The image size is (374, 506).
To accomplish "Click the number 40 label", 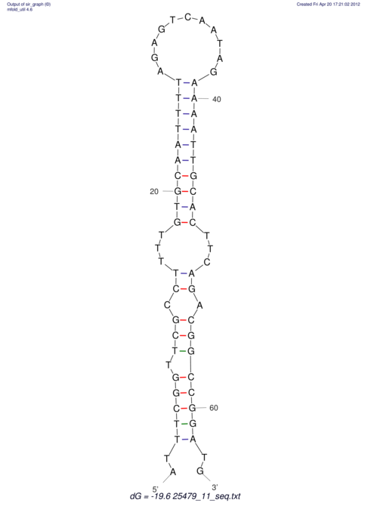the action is pos(217,100).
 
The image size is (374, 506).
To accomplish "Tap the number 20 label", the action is pos(154,192).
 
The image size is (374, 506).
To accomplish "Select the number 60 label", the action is pos(214,408).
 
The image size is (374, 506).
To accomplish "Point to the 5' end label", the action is pos(156,489).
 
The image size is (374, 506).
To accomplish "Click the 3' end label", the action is pos(215,487).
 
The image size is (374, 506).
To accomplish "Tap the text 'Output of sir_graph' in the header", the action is pos(25,5).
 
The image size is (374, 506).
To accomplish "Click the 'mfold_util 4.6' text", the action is pos(20,10).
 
